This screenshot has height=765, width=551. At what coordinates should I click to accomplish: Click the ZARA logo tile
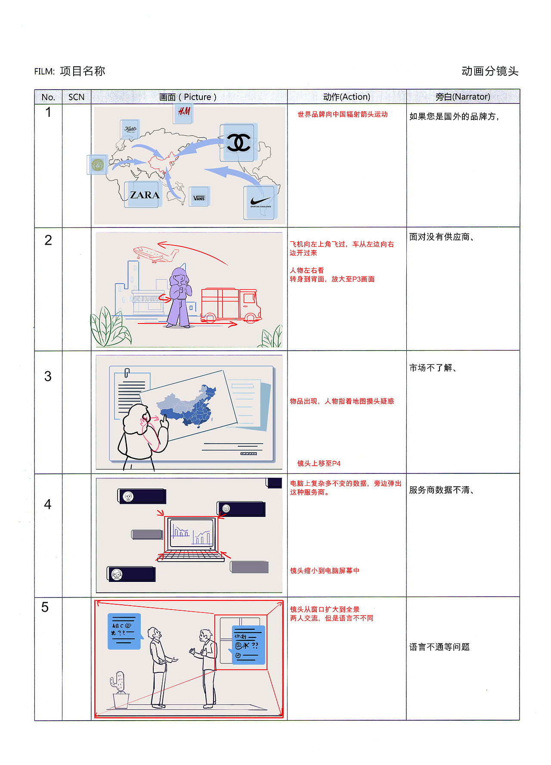[x=143, y=195]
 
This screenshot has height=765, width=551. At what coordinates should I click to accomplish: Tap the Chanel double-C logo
[x=238, y=143]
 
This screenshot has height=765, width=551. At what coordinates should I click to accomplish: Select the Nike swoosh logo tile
[x=260, y=202]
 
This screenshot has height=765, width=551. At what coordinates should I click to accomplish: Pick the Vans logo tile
[x=199, y=197]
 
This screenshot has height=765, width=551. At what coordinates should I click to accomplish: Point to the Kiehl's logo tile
[x=130, y=129]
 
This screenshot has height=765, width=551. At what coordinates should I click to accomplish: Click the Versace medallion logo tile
[x=97, y=165]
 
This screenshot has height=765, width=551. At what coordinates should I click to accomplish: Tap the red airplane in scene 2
[x=155, y=254]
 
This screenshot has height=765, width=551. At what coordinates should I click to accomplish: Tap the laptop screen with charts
[x=192, y=533]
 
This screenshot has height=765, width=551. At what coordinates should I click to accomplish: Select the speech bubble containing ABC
[x=124, y=631]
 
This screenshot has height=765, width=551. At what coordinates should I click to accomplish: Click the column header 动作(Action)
[x=347, y=97]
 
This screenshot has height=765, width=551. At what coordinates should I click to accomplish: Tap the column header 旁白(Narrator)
[x=463, y=97]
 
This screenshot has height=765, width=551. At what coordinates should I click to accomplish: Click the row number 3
[x=48, y=376]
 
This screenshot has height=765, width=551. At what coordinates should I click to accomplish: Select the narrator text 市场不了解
[x=433, y=368]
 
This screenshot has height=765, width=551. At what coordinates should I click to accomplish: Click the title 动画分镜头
[x=489, y=71]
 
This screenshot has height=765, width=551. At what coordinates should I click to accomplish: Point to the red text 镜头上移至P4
[x=319, y=463]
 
